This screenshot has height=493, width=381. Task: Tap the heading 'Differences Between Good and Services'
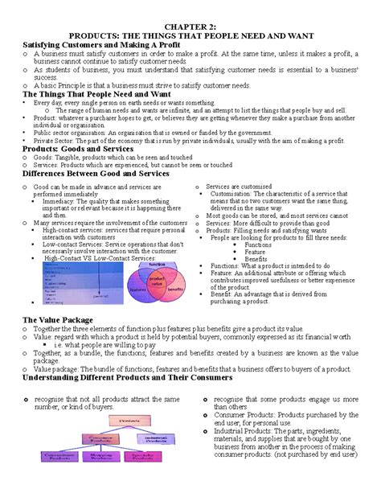[96, 173]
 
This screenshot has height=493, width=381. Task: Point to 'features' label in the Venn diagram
[137, 290]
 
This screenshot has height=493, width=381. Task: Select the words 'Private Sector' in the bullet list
[47, 141]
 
